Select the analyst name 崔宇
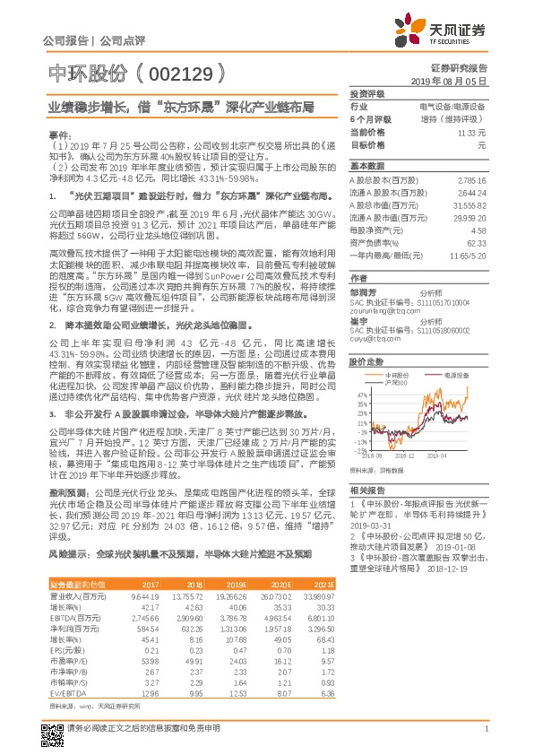359,320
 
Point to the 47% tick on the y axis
363,394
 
